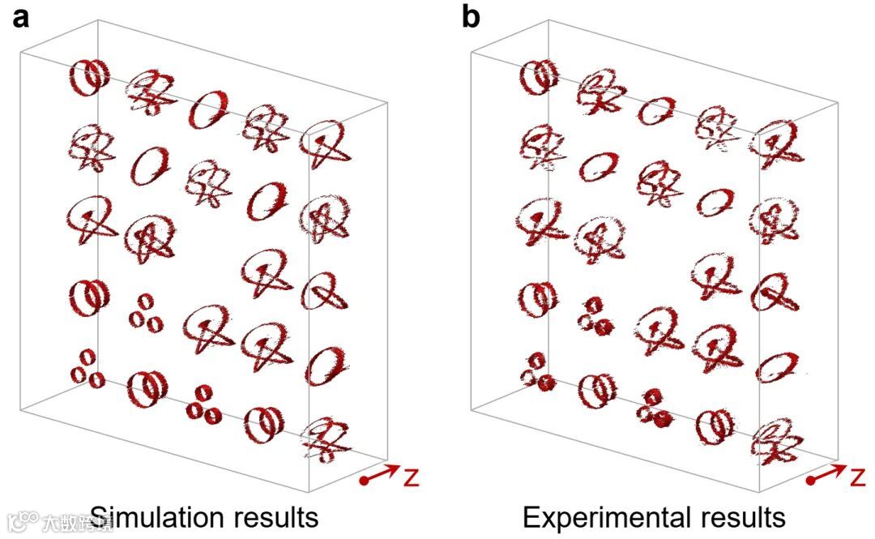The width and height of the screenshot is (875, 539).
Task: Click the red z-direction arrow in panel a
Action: [x=381, y=474]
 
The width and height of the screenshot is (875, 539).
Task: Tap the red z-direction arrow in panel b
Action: [x=828, y=474]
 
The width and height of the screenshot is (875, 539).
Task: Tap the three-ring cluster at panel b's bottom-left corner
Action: [x=537, y=370]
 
